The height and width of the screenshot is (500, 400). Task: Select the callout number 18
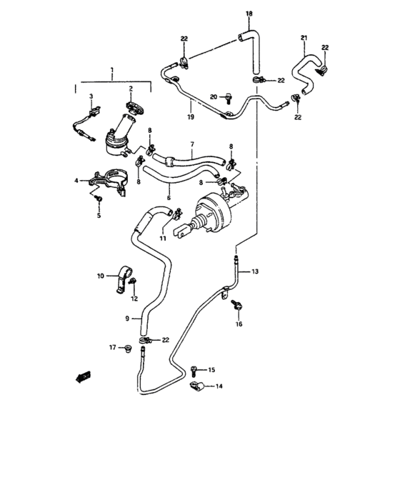tap(249, 14)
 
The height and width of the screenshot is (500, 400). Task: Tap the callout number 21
tap(304, 37)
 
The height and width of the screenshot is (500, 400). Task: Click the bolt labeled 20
tap(226, 96)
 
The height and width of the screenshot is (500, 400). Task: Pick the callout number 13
tap(255, 271)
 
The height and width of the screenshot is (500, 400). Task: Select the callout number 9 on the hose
tap(127, 319)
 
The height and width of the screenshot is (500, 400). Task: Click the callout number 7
tap(192, 145)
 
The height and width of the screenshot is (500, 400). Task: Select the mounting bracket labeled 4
tap(110, 179)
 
